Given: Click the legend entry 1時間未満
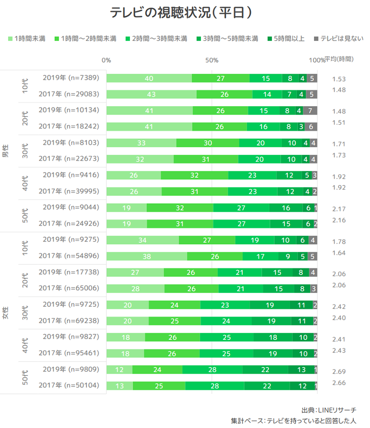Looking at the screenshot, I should (26, 38).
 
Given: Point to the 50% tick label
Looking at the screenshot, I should (211, 60).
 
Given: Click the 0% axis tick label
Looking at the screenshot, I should (106, 60).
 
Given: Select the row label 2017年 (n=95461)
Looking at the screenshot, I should (69, 353).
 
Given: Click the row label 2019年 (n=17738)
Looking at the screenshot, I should (69, 272).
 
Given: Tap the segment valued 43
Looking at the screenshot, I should (151, 94).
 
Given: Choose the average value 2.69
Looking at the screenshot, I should (339, 371).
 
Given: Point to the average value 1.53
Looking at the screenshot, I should (339, 79).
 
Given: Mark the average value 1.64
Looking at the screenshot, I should (339, 252).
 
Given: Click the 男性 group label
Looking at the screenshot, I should (6, 151).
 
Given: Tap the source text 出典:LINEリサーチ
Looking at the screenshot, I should (329, 410).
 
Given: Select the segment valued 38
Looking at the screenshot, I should (147, 256).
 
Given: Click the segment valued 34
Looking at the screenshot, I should (142, 240).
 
